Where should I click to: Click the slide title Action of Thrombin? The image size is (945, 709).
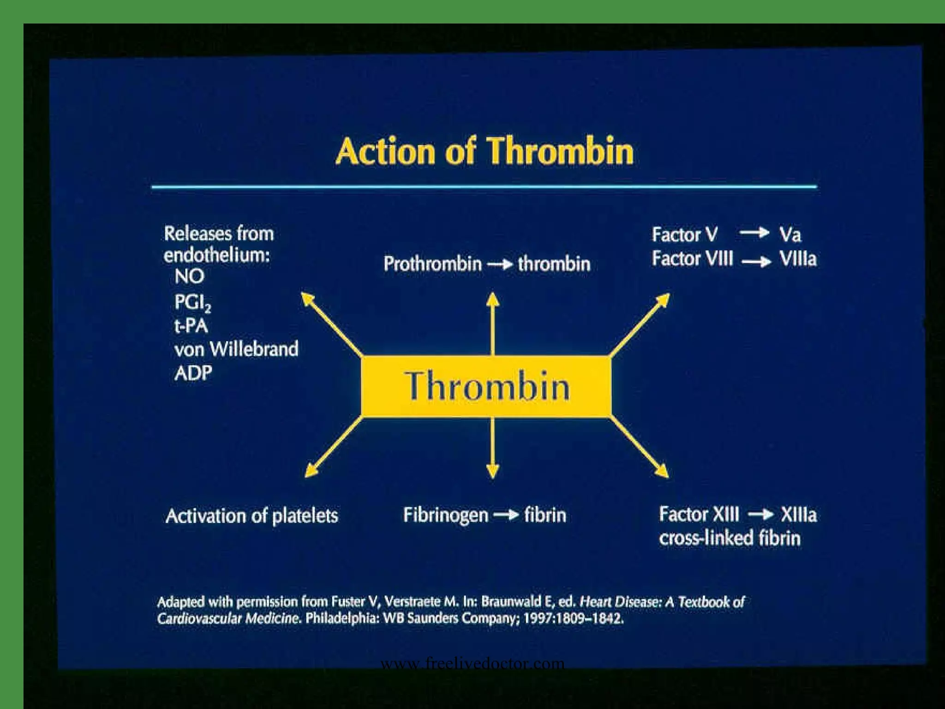[x=484, y=151]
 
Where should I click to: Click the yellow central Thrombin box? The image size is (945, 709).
[x=487, y=386]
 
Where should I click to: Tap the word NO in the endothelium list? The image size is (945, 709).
[x=189, y=276]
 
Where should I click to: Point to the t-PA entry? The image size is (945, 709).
[x=191, y=326]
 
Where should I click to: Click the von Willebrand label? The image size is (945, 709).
[x=236, y=349]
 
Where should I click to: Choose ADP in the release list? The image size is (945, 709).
[x=193, y=373]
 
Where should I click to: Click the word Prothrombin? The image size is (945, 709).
[x=432, y=264]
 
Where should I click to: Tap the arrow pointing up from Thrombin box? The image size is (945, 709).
[x=493, y=323]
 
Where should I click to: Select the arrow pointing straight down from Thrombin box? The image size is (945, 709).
[x=493, y=448]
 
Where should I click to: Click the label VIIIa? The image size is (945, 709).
[x=798, y=259]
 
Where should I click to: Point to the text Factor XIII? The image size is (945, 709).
[x=699, y=514]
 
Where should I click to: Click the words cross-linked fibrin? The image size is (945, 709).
[x=730, y=538]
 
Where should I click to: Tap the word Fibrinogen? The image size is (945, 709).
[x=445, y=515]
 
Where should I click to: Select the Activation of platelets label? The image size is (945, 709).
[x=251, y=516]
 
